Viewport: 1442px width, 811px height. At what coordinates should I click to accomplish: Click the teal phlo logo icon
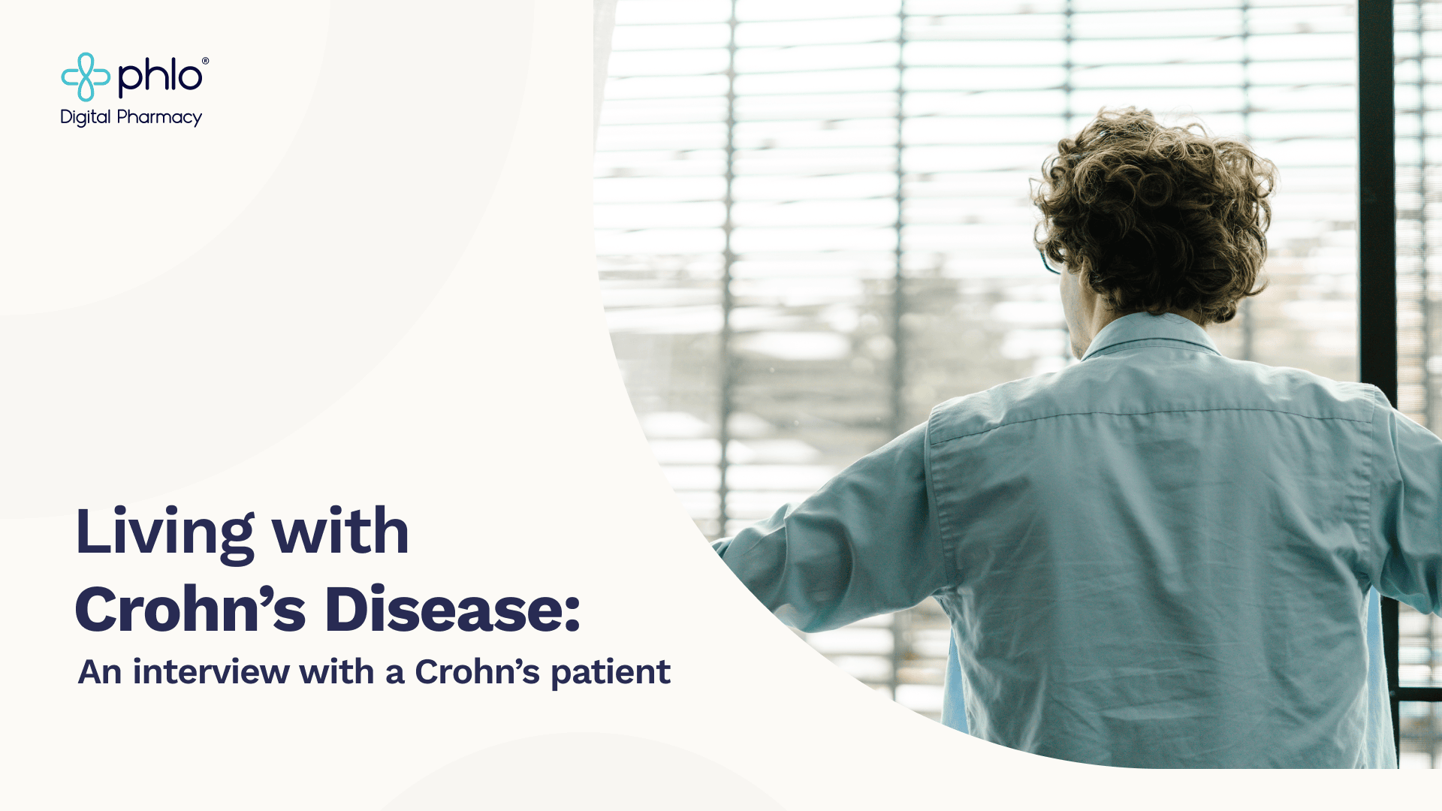(85, 77)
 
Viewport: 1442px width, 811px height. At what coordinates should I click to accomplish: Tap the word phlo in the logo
(159, 77)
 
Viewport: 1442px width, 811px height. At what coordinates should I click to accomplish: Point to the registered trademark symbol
(205, 62)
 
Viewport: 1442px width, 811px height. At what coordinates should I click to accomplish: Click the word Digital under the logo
(86, 118)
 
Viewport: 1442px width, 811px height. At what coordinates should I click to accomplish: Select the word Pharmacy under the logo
(160, 118)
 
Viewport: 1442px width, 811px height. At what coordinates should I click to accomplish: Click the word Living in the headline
(164, 532)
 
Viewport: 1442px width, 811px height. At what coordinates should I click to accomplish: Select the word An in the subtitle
(100, 672)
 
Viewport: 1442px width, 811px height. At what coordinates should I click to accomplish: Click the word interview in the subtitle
(211, 672)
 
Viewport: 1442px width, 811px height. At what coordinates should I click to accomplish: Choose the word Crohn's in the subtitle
(477, 672)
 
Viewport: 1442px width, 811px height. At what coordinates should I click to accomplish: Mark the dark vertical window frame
(1377, 188)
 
